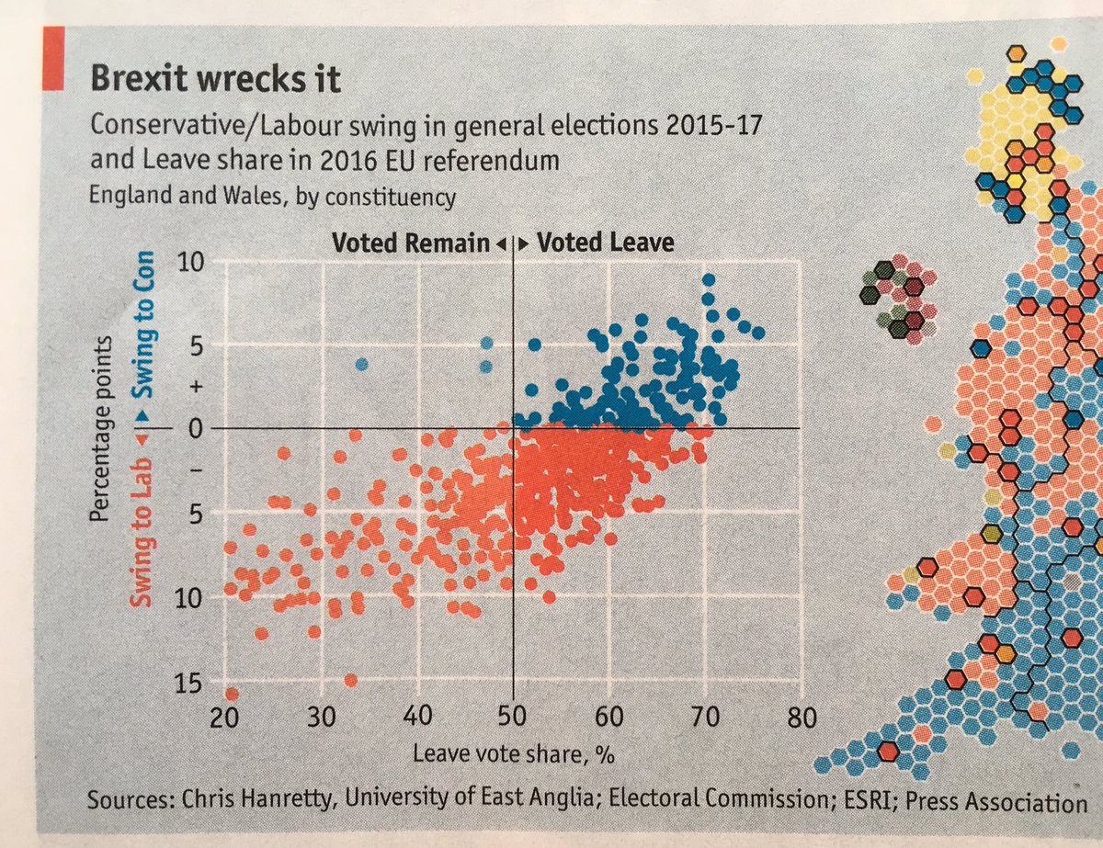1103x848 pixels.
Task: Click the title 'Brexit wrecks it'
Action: pyautogui.click(x=215, y=79)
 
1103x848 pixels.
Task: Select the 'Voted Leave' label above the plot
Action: pyautogui.click(x=605, y=243)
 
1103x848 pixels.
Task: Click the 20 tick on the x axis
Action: pyautogui.click(x=225, y=718)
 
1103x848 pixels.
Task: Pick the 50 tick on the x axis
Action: pyautogui.click(x=512, y=718)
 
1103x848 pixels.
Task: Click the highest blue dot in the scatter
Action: pyautogui.click(x=708, y=280)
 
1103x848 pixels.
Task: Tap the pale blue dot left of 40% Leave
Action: pyautogui.click(x=362, y=365)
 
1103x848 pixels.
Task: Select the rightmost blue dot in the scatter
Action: pyautogui.click(x=757, y=333)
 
